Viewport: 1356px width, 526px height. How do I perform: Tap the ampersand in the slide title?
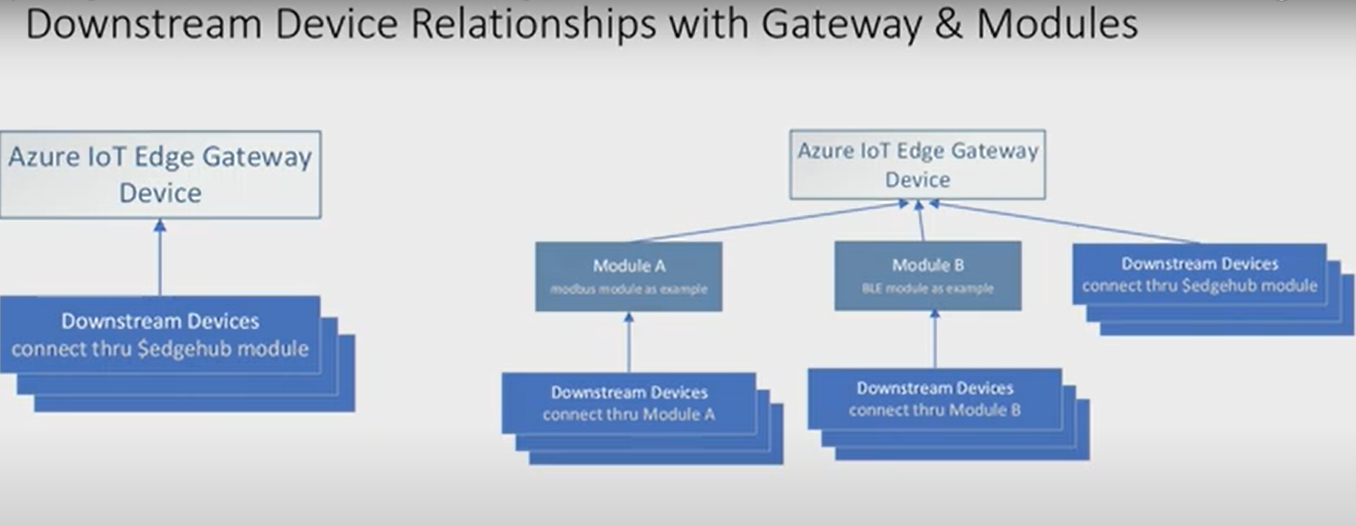(x=949, y=23)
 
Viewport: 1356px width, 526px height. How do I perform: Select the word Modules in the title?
(x=1057, y=23)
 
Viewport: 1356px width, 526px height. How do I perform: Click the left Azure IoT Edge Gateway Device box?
(x=160, y=175)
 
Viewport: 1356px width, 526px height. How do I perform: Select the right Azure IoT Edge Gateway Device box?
(x=917, y=164)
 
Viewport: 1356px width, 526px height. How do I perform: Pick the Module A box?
(x=629, y=276)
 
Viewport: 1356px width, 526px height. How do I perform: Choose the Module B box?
(x=927, y=276)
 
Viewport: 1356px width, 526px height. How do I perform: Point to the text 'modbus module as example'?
(x=629, y=289)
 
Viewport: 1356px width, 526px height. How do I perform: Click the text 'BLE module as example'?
(x=927, y=288)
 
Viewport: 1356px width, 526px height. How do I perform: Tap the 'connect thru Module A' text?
(x=629, y=415)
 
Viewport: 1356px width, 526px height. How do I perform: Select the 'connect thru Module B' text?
(x=935, y=410)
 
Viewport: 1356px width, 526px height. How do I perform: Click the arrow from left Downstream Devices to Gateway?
(x=160, y=258)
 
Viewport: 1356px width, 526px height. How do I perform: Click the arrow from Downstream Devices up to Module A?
(x=629, y=342)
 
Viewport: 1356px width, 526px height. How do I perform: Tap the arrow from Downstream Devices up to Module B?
(x=935, y=340)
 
